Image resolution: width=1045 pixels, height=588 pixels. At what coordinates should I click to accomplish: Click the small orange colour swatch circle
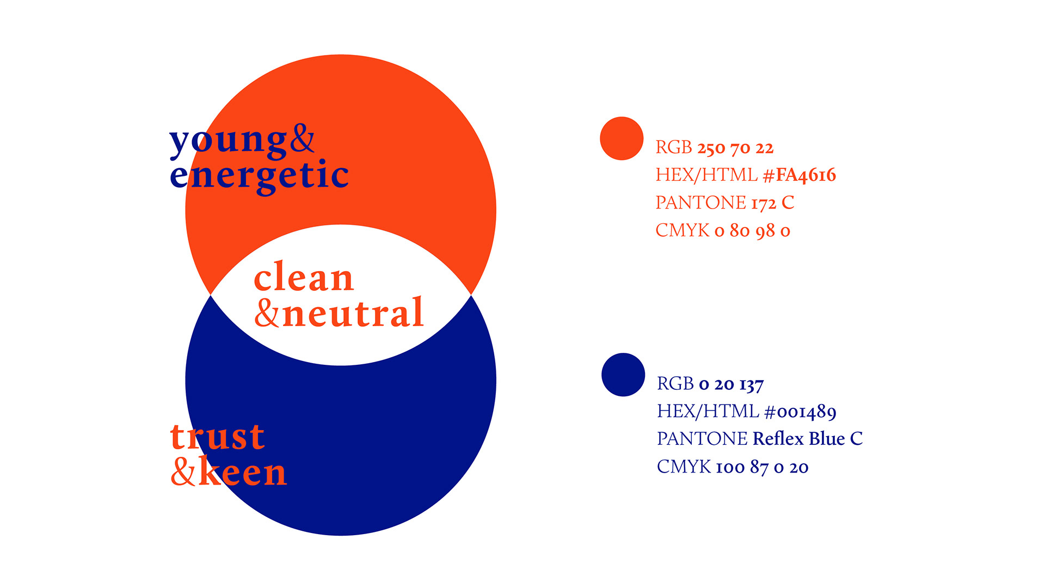[622, 138]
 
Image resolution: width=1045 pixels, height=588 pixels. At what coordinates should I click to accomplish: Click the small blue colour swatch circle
[623, 375]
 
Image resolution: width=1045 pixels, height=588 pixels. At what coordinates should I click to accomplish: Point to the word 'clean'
[304, 277]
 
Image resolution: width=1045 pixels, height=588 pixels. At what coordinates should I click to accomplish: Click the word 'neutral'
[353, 313]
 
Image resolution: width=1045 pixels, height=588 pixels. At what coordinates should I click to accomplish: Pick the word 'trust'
[218, 436]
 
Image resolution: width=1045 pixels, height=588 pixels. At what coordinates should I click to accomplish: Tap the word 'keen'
[243, 471]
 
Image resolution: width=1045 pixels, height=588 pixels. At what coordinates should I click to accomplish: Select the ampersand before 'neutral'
[267, 312]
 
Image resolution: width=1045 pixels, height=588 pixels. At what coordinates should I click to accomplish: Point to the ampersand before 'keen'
[183, 471]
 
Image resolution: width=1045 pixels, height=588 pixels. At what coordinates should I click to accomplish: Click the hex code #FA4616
[800, 175]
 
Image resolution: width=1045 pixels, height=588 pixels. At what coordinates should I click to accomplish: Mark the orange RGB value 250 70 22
[735, 148]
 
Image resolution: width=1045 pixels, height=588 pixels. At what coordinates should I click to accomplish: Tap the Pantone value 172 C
[773, 203]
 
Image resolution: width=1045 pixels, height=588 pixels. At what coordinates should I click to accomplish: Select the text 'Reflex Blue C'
[808, 438]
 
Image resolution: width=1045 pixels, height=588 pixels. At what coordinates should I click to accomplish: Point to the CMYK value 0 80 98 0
[752, 231]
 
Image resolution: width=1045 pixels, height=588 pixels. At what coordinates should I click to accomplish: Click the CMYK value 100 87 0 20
[762, 467]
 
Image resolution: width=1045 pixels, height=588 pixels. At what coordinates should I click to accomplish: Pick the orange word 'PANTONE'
[701, 203]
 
